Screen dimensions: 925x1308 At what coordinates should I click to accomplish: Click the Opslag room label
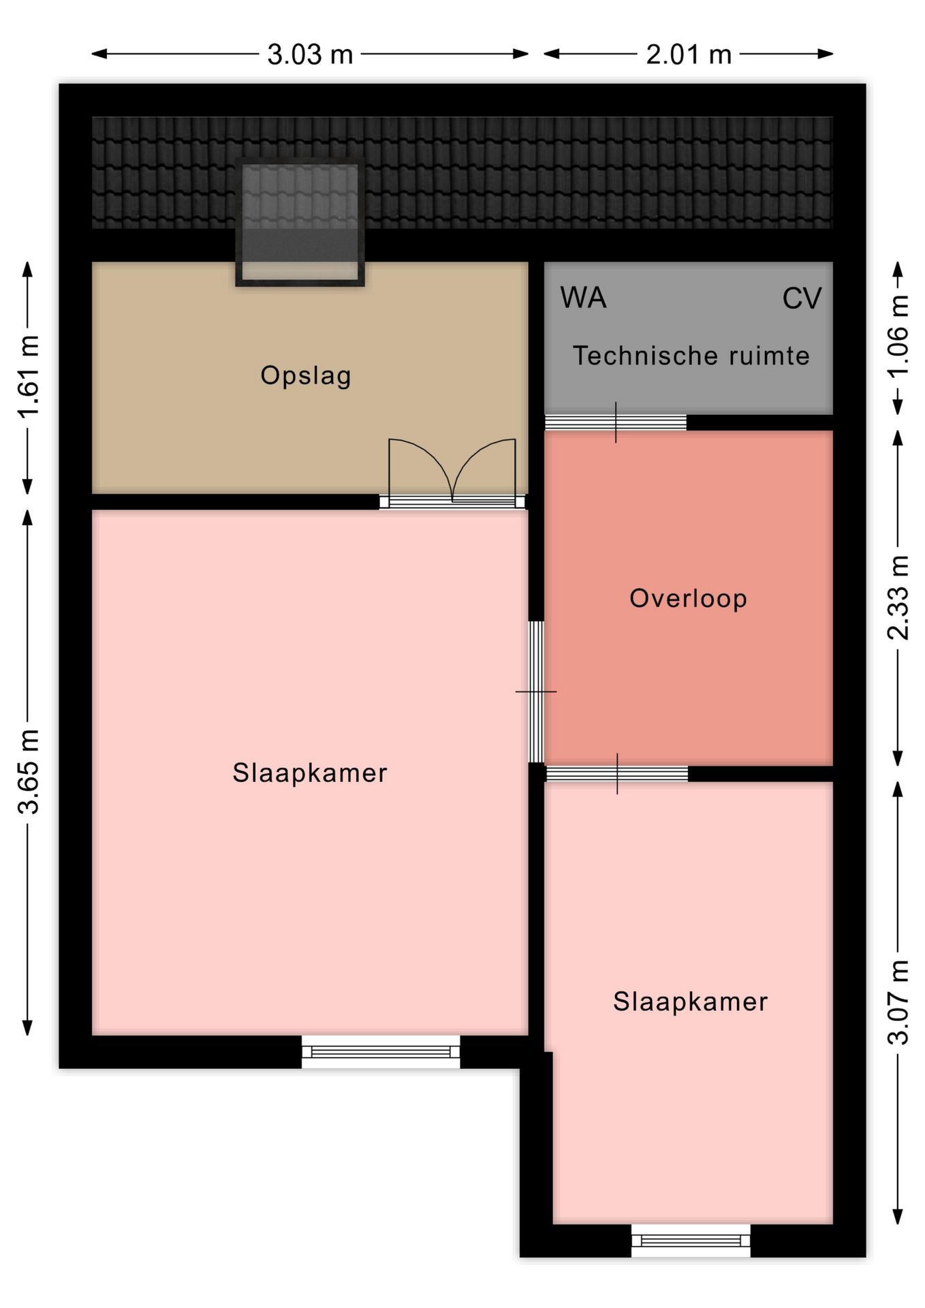[x=306, y=375]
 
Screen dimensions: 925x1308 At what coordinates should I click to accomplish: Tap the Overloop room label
[x=688, y=598]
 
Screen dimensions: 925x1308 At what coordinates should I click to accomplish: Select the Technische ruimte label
[x=691, y=356]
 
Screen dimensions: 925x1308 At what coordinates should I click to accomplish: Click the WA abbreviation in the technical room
[x=583, y=298]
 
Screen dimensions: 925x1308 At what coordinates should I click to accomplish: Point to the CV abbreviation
[x=802, y=298]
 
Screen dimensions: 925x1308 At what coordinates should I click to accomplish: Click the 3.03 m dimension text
[x=310, y=54]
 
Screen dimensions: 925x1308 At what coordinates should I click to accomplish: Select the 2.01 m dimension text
[x=689, y=54]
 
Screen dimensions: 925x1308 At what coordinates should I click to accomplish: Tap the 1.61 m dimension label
[x=29, y=377]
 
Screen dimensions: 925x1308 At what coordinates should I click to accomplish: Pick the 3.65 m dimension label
[x=29, y=771]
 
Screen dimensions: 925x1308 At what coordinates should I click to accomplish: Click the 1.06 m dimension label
[x=898, y=336]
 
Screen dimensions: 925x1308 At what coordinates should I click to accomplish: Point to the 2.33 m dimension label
[x=898, y=597]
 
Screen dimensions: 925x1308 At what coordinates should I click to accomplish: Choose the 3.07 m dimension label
[x=898, y=1002]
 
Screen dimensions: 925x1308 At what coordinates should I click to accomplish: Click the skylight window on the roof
[x=300, y=223]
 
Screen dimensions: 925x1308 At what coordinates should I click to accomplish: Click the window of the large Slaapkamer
[x=381, y=1051]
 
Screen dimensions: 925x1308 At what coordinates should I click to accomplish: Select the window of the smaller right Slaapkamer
[x=691, y=1240]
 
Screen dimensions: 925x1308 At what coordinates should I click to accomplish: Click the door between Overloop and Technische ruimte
[x=616, y=422]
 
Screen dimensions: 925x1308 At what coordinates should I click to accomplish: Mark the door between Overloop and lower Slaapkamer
[x=617, y=774]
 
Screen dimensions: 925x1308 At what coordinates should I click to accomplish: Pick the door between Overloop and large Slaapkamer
[x=536, y=691]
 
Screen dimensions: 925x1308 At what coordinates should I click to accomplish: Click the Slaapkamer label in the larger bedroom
[x=310, y=773]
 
